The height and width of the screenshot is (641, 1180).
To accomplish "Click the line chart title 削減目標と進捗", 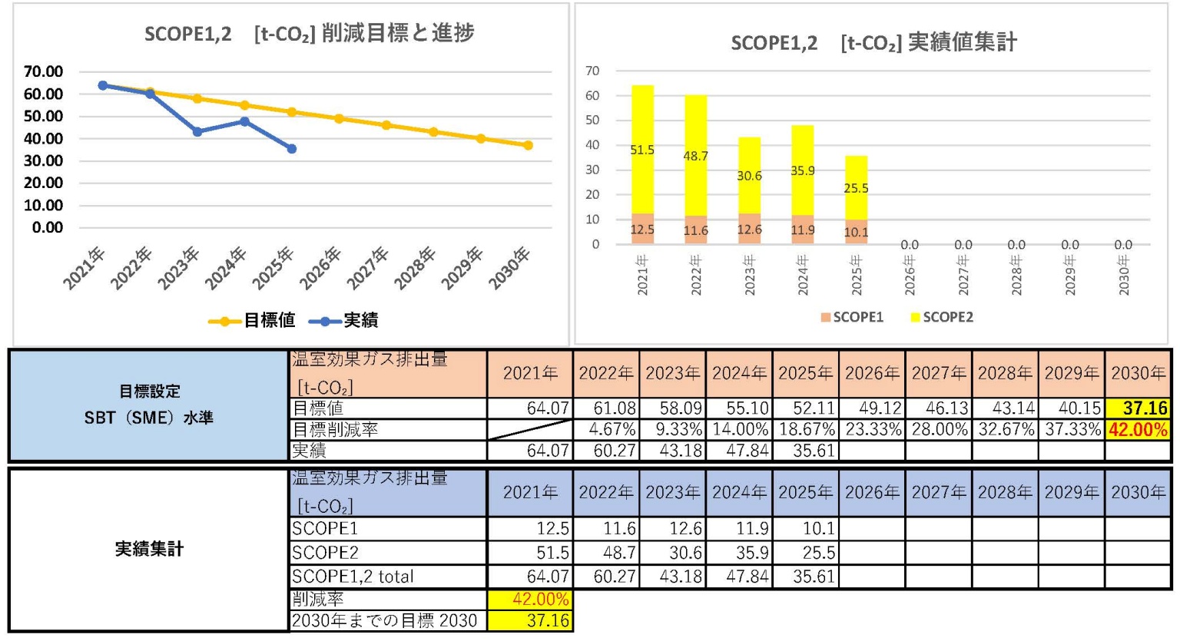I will pos(397,34).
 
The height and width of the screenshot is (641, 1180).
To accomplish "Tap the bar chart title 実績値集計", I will pos(963,42).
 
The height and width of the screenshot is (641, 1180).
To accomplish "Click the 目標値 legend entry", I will pos(254,320).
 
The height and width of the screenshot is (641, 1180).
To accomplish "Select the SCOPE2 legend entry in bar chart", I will pos(941,317).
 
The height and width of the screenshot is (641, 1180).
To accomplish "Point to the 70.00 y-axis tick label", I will pos(44,71).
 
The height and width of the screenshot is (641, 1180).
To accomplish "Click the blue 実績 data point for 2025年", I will pos(292,148).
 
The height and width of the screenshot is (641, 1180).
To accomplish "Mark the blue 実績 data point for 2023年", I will pos(197,131).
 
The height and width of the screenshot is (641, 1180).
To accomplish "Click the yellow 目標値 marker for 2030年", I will pos(529,145).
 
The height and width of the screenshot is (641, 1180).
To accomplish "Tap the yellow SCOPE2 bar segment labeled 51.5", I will pos(642,149).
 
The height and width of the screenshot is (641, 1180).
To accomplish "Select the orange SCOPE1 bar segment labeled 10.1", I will pos(857,232).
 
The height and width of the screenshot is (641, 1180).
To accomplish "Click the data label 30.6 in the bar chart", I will pos(749,176).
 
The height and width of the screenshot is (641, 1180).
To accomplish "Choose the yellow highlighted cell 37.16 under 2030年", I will pos(1139,408).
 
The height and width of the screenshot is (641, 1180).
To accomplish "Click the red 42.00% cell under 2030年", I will pos(1139,430).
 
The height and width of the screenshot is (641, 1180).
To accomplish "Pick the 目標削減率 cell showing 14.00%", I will pos(739,430).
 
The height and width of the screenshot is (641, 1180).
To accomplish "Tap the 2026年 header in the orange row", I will pos(872,374).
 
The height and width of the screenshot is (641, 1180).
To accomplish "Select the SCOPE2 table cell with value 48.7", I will pos(606,553).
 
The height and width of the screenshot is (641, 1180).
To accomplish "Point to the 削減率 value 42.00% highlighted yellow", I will pos(530,600).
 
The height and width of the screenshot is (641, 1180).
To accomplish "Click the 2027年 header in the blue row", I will pos(938,492).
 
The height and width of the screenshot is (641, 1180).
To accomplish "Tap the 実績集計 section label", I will pos(149,549).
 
